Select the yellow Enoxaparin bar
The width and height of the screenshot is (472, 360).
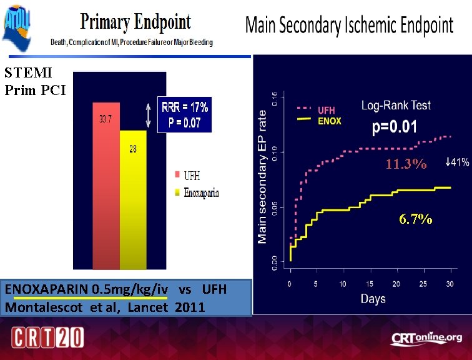pyautogui.click(x=132, y=200)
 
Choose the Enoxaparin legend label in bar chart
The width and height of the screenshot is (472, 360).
pyautogui.click(x=201, y=192)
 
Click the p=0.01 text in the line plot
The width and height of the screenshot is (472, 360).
pyautogui.click(x=395, y=127)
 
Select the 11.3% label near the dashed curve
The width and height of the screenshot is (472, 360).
pyautogui.click(x=406, y=165)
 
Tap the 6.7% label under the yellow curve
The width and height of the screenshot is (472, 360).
pyautogui.click(x=416, y=219)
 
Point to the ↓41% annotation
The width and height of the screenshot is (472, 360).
pyautogui.click(x=457, y=163)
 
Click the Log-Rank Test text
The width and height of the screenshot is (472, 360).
pyautogui.click(x=395, y=106)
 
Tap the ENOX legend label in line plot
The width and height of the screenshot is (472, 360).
pyautogui.click(x=329, y=121)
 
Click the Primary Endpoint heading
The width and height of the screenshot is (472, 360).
pyautogui.click(x=135, y=22)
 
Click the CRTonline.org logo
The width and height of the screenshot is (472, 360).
pyautogui.click(x=426, y=338)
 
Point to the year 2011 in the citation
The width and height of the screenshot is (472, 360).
pyautogui.click(x=189, y=307)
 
